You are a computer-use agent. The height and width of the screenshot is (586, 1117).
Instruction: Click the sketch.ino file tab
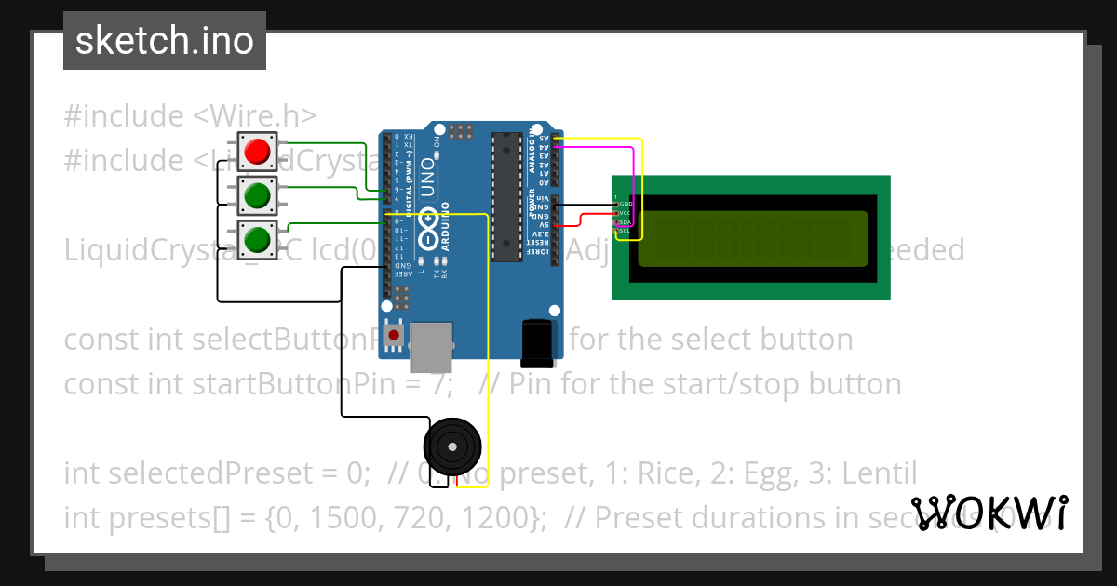pos(165,41)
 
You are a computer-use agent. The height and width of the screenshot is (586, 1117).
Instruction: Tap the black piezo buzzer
pos(452,447)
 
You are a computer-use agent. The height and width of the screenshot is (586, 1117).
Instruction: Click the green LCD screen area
pos(752,237)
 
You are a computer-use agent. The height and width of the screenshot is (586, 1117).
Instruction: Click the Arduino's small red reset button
pos(395,335)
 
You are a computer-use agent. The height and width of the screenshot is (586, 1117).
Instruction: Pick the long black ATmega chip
pos(506,196)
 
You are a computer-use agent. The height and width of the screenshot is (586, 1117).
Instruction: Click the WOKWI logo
pos(989,513)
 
